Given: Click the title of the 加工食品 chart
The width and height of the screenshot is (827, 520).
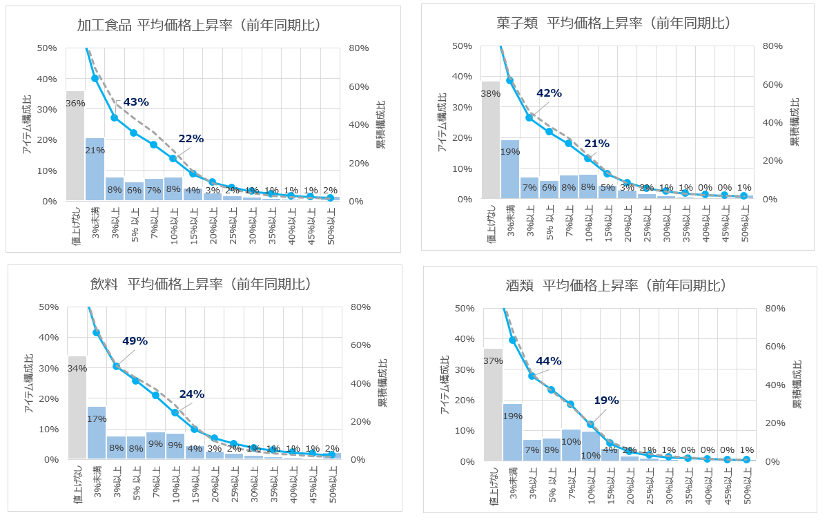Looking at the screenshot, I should [200, 26].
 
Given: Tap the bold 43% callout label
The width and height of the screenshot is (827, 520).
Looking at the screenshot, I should [135, 102].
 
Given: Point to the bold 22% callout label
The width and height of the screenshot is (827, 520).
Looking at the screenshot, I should [191, 139].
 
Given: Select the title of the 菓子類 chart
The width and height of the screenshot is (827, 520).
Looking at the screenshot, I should [613, 23].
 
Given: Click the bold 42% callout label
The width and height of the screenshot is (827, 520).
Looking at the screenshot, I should [549, 93].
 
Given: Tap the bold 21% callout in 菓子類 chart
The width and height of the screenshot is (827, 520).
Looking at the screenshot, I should [596, 144].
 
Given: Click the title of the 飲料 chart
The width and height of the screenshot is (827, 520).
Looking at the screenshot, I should [201, 284].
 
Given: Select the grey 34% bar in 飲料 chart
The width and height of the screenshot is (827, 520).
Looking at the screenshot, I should [77, 407].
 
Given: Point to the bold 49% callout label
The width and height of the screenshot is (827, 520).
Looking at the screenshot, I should [135, 340].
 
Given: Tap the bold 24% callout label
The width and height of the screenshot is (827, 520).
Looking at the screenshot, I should [192, 394].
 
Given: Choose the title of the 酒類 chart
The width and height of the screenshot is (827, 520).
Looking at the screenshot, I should [615, 285].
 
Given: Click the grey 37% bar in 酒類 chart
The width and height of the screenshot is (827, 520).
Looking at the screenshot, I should [492, 405].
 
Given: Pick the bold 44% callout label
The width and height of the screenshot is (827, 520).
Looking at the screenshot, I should [549, 360].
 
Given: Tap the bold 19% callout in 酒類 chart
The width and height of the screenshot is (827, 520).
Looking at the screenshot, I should [606, 400].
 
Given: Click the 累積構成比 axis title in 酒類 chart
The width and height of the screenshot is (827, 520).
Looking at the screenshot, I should [798, 384].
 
